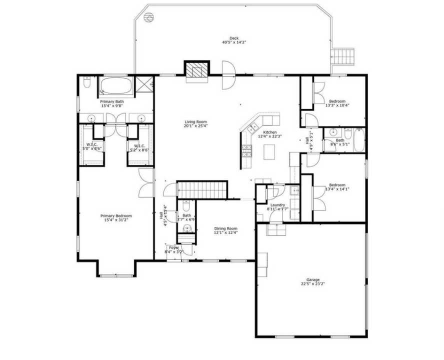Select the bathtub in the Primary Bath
116,86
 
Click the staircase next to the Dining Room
202,189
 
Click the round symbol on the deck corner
147,17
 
